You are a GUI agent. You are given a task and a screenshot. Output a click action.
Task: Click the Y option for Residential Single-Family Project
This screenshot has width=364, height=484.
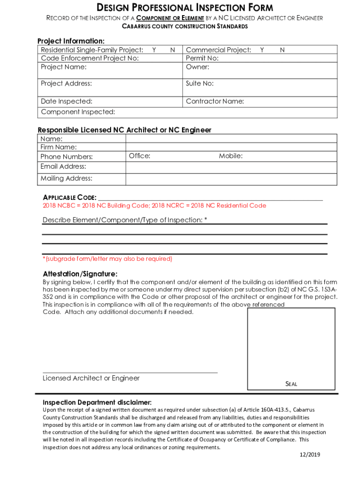(x=154, y=50)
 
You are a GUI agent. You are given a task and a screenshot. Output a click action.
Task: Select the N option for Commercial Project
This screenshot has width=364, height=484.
(x=282, y=50)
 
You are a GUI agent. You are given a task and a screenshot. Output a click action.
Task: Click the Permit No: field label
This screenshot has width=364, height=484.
(x=202, y=58)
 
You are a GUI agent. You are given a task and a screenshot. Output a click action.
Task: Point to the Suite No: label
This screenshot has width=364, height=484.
(x=200, y=84)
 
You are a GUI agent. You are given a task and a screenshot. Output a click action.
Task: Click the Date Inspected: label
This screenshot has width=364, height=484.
(x=67, y=101)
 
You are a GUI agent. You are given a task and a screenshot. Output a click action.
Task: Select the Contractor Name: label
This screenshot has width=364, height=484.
(x=215, y=101)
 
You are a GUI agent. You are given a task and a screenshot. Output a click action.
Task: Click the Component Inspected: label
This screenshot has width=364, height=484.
(x=78, y=112)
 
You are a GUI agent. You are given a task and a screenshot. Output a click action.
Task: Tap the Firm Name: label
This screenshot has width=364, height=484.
(x=59, y=147)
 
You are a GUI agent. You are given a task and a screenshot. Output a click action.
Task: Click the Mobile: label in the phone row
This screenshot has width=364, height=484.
(x=231, y=156)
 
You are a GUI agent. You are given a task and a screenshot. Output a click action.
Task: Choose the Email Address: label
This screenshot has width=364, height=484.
(x=63, y=166)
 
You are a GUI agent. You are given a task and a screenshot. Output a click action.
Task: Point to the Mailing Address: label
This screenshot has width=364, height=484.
(x=67, y=178)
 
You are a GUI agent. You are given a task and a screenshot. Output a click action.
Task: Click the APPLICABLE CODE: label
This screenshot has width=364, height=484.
(x=70, y=197)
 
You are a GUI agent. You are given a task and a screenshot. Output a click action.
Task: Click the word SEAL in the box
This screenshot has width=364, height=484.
(x=291, y=384)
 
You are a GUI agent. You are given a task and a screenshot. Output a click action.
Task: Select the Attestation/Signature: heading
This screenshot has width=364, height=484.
(x=80, y=274)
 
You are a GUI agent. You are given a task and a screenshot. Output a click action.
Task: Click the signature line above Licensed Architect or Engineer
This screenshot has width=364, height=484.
(x=130, y=373)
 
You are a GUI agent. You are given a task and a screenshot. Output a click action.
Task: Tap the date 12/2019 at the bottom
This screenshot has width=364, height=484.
(x=310, y=455)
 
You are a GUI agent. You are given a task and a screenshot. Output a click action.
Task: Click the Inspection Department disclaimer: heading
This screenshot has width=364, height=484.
(x=97, y=402)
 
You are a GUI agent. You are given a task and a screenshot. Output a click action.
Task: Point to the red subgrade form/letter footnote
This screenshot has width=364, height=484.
(x=108, y=259)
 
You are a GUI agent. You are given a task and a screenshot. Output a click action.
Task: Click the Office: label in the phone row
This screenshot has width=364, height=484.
(x=139, y=156)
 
